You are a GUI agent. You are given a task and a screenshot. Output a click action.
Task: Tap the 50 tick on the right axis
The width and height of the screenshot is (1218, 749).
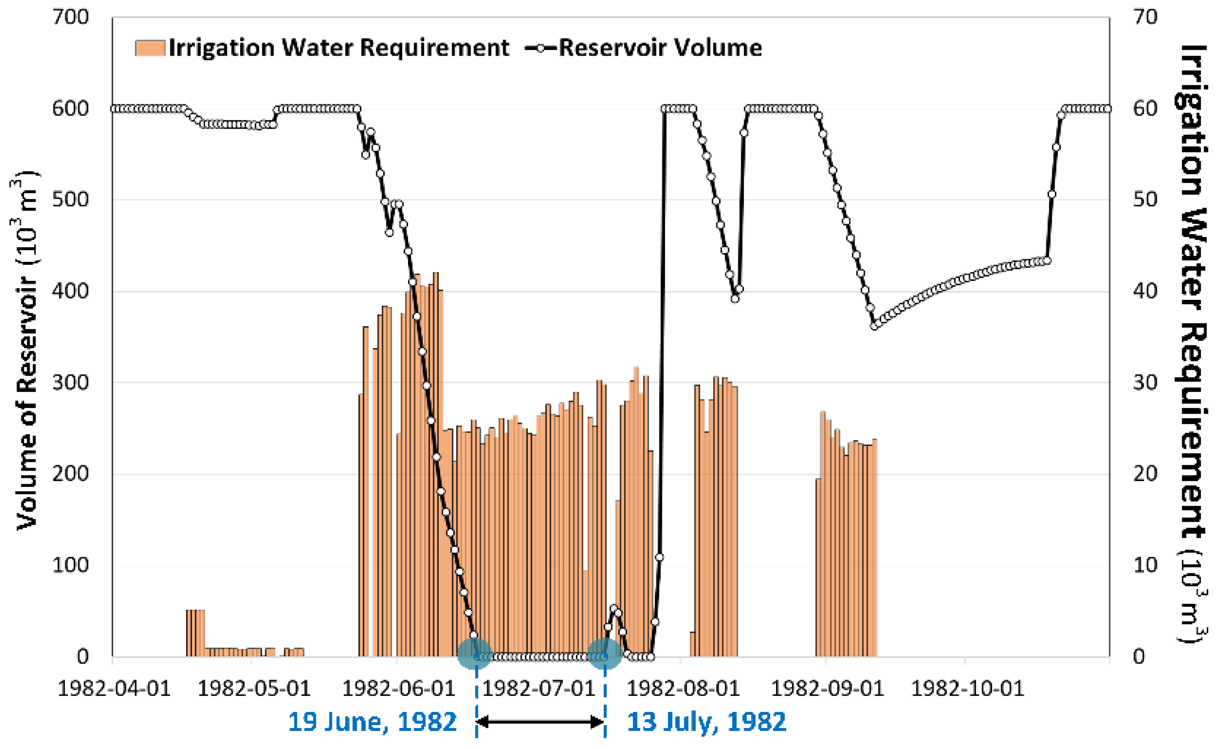coord(1145,200)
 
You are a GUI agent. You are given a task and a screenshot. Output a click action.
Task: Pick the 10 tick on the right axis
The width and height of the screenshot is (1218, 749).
coord(1145,565)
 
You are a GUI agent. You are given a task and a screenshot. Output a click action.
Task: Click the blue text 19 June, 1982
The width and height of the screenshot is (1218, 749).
coord(372,722)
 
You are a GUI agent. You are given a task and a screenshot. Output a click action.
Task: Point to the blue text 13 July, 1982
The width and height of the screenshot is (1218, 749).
coord(706,722)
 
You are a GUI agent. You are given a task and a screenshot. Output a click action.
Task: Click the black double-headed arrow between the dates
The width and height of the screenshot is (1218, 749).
coord(540,722)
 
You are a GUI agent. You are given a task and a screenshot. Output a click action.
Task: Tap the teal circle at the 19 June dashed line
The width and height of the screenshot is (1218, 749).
coord(475,654)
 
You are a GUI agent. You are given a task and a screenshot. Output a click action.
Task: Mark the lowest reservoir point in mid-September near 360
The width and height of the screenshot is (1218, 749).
coord(874,326)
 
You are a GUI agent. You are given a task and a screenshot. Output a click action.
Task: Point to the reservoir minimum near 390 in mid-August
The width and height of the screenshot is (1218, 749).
coord(735,299)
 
